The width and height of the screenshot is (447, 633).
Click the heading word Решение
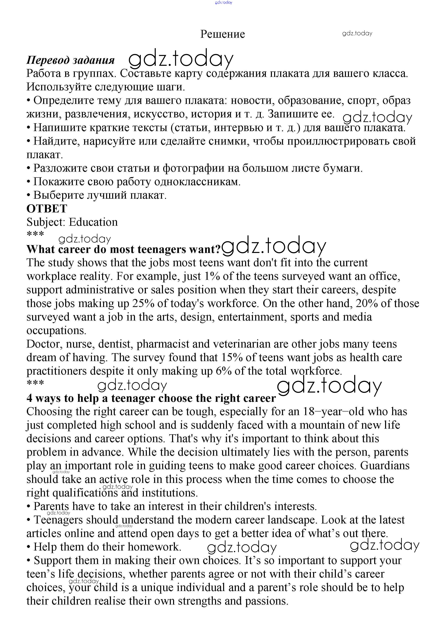click(222, 34)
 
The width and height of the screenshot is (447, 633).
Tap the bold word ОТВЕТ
click(47, 209)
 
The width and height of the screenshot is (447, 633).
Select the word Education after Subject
click(93, 222)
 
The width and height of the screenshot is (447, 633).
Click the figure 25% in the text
click(143, 304)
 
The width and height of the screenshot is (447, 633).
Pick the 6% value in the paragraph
click(224, 371)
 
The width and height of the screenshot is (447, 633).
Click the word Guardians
click(385, 466)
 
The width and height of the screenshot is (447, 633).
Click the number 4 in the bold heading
click(29, 398)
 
